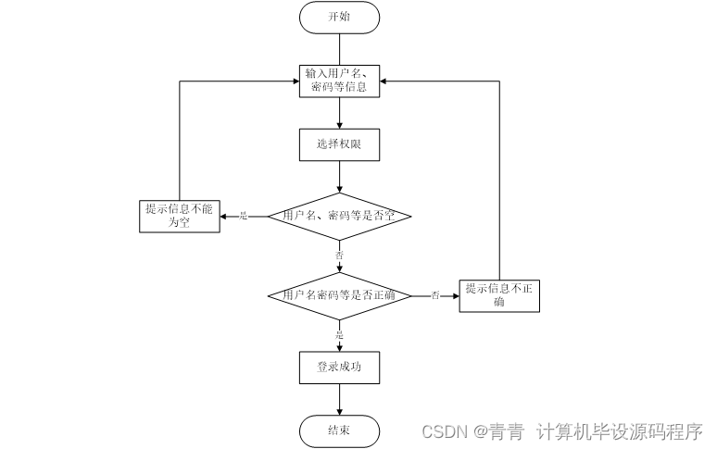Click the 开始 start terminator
[x=339, y=17]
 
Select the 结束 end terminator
[x=339, y=430]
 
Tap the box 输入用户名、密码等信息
[x=339, y=81]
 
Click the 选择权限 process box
[x=339, y=144]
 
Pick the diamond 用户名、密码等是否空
[x=339, y=216]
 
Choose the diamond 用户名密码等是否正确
[x=339, y=296]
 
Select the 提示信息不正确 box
[x=499, y=296]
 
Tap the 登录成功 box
[x=339, y=367]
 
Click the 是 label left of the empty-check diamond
[x=244, y=216]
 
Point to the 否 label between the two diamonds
[x=339, y=253]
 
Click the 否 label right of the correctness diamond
[x=434, y=296]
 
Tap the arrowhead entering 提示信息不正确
[x=455, y=296]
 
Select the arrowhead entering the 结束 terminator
[x=339, y=411]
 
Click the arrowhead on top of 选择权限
[x=339, y=125]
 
